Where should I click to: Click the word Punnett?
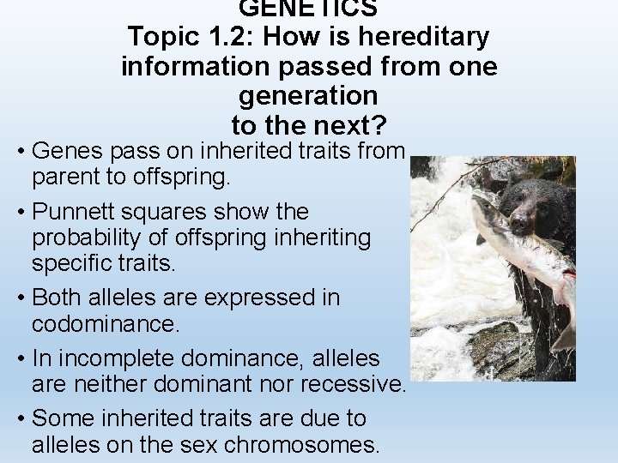click(x=82, y=211)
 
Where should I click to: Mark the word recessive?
click(x=343, y=385)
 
